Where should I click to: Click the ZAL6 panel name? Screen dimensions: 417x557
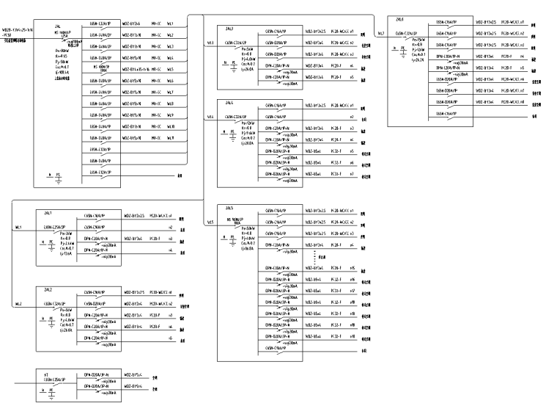[x=399, y=19]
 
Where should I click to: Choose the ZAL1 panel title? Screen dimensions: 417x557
[x=48, y=212]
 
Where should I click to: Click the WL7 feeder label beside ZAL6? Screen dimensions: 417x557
[x=380, y=33]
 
